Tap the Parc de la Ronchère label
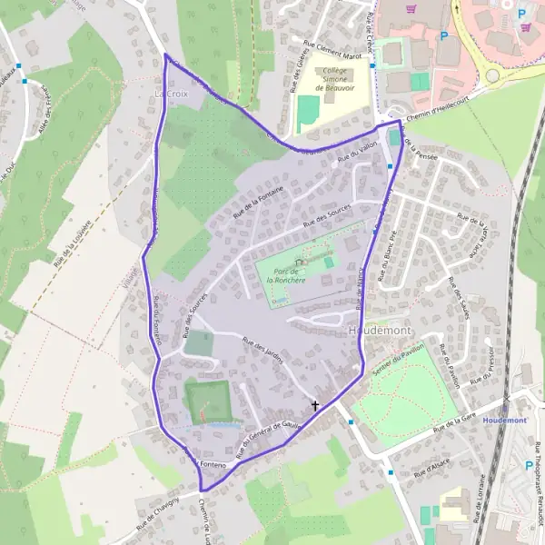287,274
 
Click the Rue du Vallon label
356,154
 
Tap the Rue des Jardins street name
263,350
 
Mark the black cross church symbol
316,405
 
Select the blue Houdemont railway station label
506,421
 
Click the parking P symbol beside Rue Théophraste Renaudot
529,465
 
